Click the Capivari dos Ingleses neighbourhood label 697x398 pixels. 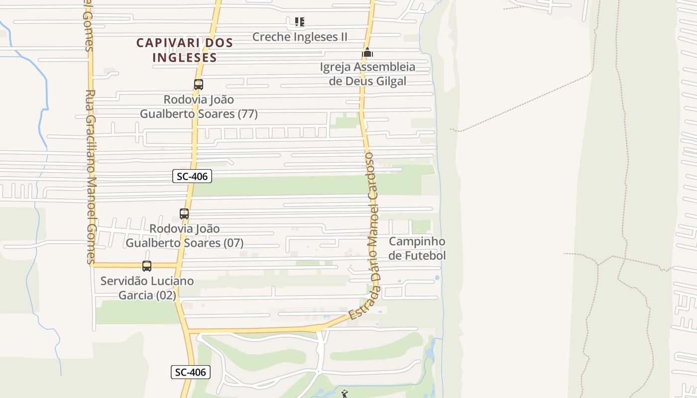point(185,50)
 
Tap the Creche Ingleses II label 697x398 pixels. point(300,37)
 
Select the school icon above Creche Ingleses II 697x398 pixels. point(299,22)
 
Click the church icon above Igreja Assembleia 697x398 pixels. point(367,52)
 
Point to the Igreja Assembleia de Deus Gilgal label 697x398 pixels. point(367,74)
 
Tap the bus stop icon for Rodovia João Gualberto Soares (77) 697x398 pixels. point(199,85)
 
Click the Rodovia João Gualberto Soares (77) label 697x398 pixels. point(199,106)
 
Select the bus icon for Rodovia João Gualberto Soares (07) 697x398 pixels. point(184,214)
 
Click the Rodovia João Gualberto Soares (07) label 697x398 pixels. point(185,236)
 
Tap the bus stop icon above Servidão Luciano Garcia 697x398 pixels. point(147,266)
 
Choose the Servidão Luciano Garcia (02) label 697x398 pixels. point(147,288)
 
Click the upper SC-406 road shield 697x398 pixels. point(192,176)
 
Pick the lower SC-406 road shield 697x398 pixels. point(191,372)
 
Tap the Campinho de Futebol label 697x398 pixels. point(417,248)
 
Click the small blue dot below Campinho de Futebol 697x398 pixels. point(437,277)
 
